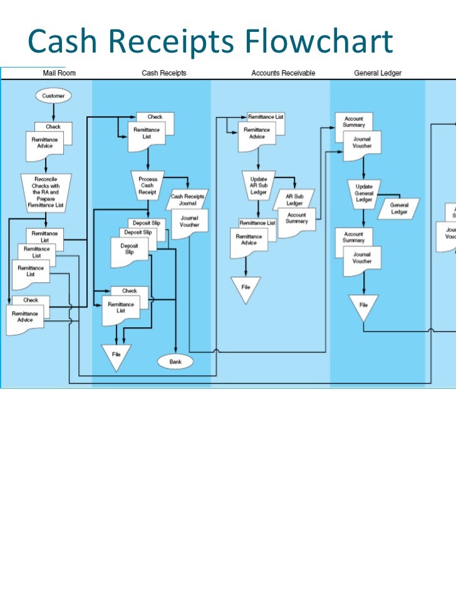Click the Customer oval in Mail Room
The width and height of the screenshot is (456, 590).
tap(54, 96)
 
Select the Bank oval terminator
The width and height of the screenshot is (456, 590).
tap(175, 362)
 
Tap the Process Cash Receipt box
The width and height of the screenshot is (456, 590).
tap(148, 186)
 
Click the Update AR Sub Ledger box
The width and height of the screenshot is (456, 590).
tap(258, 185)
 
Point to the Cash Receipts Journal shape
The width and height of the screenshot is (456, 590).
tap(188, 200)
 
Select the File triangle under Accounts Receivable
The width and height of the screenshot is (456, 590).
tap(246, 289)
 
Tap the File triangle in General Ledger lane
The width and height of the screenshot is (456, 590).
tap(363, 307)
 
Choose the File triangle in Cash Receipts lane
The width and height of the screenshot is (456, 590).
tap(116, 355)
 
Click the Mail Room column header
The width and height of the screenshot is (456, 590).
tap(59, 73)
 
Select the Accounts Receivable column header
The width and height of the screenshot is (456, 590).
tap(283, 73)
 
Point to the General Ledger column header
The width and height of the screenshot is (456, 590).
tap(378, 73)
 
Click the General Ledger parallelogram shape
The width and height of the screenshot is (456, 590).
tap(399, 208)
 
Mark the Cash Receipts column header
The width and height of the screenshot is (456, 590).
tap(163, 73)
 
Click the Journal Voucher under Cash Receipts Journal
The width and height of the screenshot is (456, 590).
tap(189, 222)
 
